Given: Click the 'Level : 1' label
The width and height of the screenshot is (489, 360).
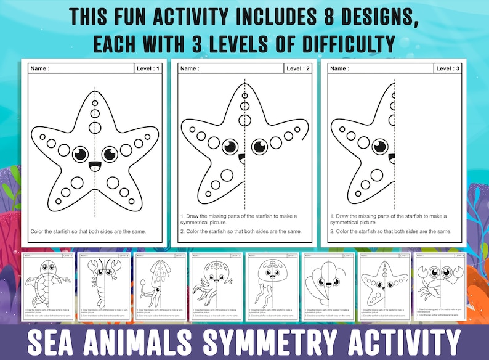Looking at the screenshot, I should click(148, 68).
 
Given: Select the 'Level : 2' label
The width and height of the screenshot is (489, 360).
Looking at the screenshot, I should click(298, 68).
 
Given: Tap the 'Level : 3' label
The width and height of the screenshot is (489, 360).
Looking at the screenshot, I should click(448, 68).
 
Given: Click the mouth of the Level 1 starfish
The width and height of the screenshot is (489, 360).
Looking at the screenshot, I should click(95, 166).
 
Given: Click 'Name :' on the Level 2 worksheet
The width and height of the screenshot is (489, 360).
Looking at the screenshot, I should click(190, 68).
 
